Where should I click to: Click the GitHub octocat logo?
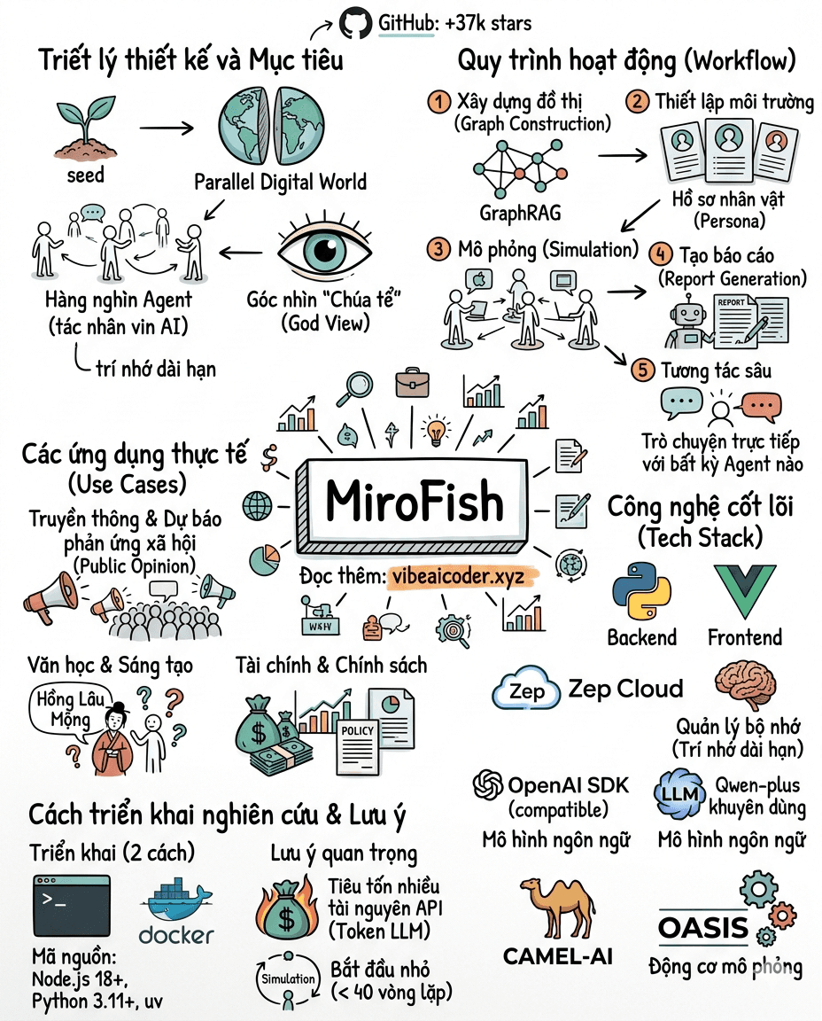[x=354, y=21]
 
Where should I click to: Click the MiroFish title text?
[x=414, y=502]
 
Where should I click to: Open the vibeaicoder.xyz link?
[x=461, y=576]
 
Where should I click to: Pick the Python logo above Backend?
[x=640, y=590]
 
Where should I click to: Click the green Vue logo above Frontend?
[x=745, y=590]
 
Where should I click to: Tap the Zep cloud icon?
[x=526, y=691]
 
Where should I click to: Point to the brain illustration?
[x=747, y=684]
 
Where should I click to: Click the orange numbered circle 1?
[x=438, y=101]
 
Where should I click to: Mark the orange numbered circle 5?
[x=642, y=370]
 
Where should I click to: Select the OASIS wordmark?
[x=703, y=929]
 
